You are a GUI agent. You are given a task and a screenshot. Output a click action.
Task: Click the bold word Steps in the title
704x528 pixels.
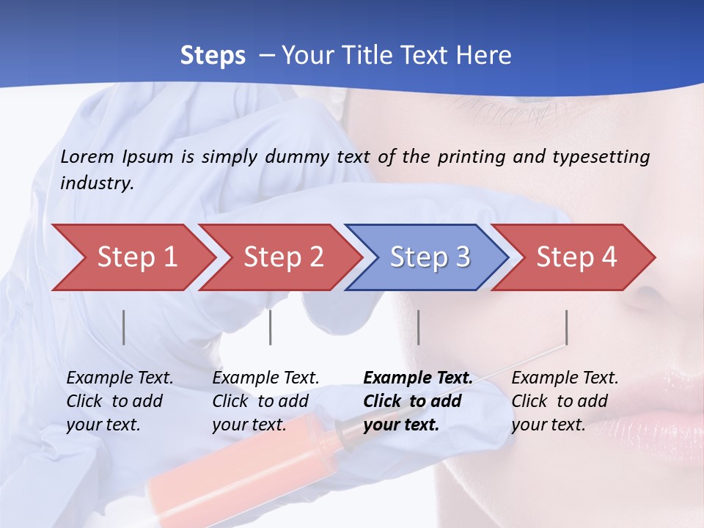click(213, 56)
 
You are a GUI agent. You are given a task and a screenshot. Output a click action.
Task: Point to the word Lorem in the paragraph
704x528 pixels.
click(87, 157)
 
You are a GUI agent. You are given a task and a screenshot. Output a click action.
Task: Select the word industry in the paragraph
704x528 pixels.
click(96, 183)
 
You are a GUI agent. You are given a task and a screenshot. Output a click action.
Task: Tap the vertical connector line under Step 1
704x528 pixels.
click(124, 327)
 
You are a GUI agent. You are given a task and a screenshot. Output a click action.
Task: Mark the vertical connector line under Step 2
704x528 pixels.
click(271, 327)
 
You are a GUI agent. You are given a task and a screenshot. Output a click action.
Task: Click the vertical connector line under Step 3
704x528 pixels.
click(418, 327)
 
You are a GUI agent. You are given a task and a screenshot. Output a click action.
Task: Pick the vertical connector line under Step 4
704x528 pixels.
click(566, 327)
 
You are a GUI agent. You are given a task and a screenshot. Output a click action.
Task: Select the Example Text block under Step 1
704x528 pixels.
click(120, 401)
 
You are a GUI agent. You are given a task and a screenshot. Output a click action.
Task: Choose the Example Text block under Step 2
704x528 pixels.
click(265, 401)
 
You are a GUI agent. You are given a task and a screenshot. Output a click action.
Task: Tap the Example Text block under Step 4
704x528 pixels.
click(565, 401)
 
